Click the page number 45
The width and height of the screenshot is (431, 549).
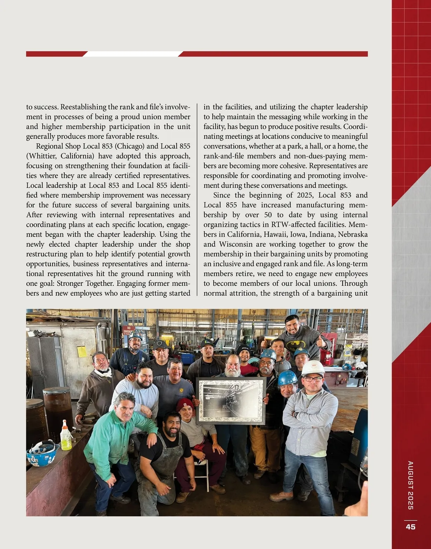411,527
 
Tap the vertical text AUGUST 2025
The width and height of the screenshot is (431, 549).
411,485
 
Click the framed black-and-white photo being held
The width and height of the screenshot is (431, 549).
231,401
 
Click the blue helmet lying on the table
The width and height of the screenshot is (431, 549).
42,454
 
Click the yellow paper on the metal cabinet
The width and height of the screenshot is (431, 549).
82,351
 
